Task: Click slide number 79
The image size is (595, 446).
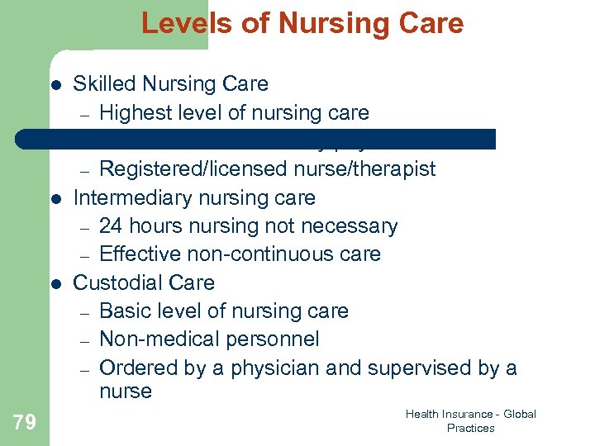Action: pos(25,423)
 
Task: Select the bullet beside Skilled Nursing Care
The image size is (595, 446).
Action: pos(55,85)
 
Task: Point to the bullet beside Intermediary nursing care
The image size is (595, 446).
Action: pos(55,199)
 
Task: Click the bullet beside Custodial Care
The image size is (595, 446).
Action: pos(55,284)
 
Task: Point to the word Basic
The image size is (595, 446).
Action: pos(124,311)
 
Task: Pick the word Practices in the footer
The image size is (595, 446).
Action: pos(470,428)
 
